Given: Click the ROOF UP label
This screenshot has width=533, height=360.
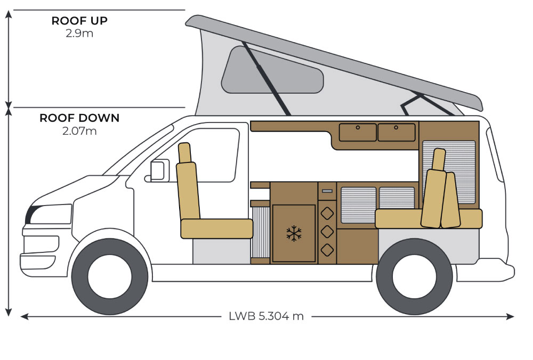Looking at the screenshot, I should (79, 21).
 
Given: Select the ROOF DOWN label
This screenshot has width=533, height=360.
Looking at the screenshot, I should (79, 118).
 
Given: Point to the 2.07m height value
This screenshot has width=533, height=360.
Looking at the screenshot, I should (79, 130).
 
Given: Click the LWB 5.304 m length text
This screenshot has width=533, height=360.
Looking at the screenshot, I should (266, 316).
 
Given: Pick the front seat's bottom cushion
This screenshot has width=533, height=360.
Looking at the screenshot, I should (216, 228).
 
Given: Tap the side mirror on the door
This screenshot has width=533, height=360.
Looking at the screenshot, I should (158, 170).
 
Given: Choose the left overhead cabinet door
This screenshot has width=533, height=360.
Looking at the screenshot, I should (358, 132).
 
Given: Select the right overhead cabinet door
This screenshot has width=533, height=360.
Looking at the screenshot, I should (396, 132).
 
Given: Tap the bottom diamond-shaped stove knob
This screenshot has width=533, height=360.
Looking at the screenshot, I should (327, 249).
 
